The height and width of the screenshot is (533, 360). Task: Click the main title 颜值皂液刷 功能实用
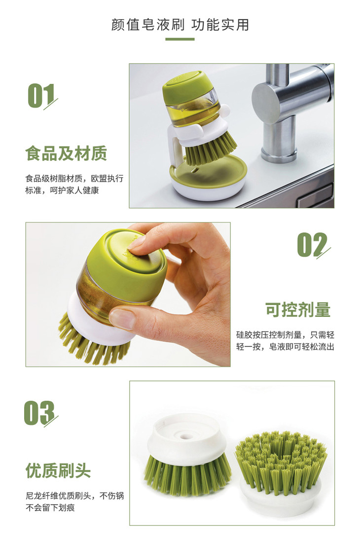pos(180,25)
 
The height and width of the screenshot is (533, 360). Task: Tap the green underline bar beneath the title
pos(180,39)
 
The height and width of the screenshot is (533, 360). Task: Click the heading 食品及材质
pos(66,153)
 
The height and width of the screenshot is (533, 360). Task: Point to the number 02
pos(313,245)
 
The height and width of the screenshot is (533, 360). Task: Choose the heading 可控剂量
pos(298,309)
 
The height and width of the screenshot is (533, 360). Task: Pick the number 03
pos(40,413)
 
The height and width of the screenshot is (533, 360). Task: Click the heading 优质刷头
pos(58,471)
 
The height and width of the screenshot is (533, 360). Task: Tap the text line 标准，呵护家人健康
pos(62,190)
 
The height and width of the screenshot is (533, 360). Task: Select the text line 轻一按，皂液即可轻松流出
pos(285,347)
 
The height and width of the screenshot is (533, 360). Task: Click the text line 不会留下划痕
pos(50,508)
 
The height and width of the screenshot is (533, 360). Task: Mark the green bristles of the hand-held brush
pos(90,342)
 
